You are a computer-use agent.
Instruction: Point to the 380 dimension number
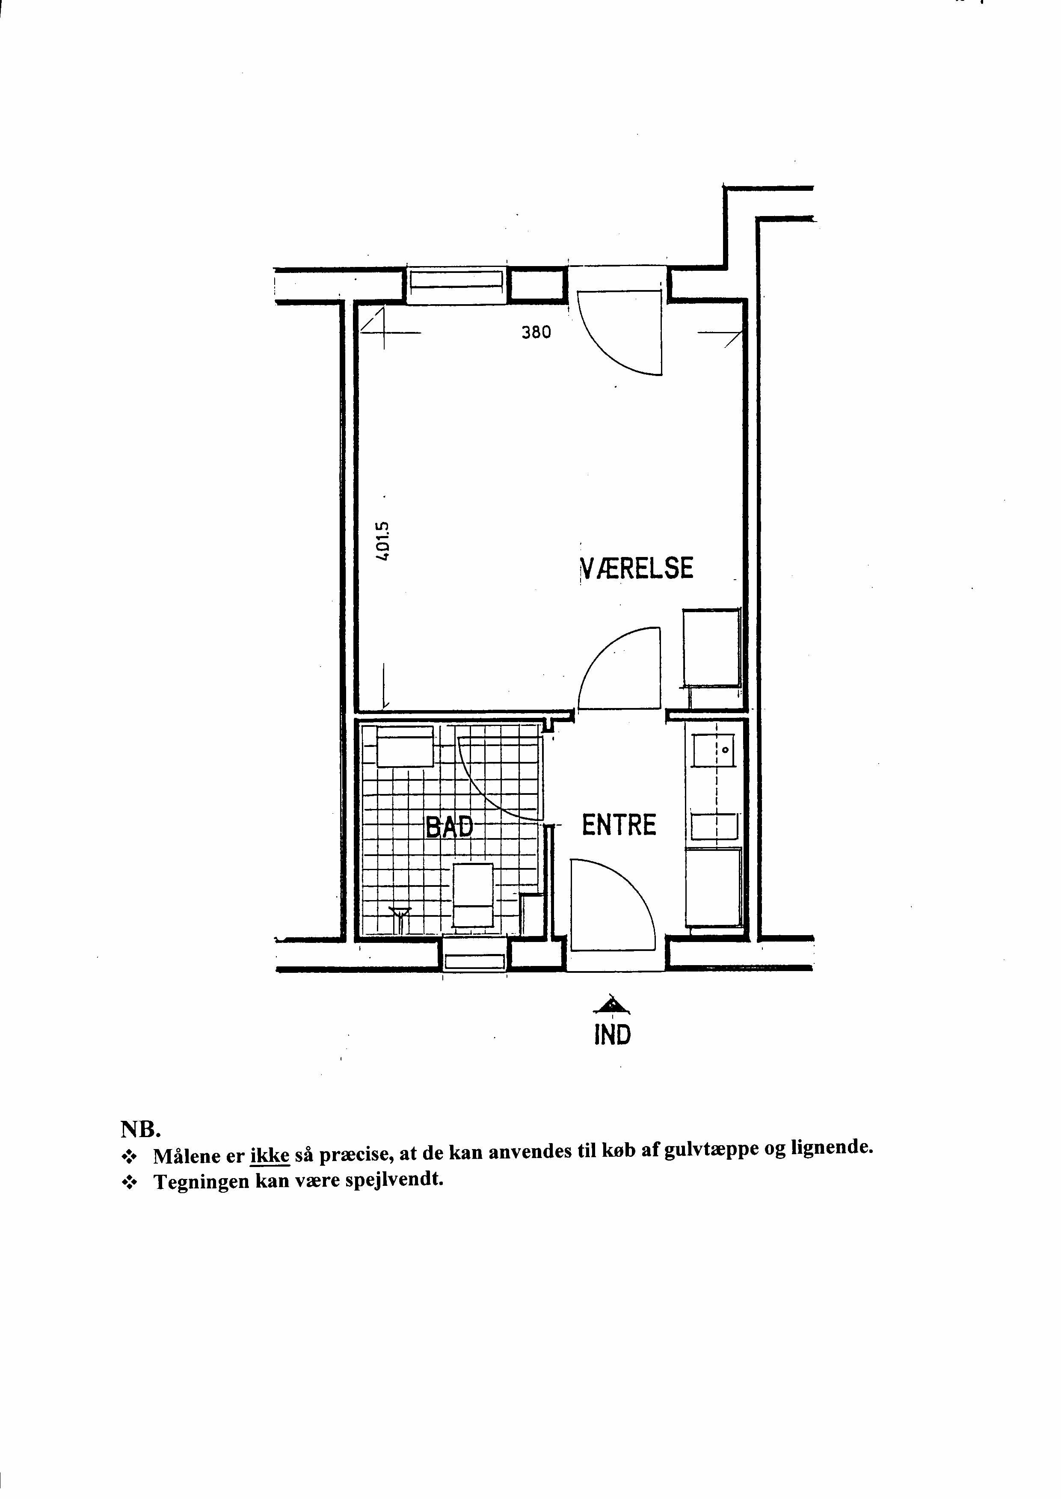click(536, 332)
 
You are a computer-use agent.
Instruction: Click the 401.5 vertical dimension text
click(383, 540)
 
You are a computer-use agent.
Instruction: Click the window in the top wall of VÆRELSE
click(456, 285)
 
